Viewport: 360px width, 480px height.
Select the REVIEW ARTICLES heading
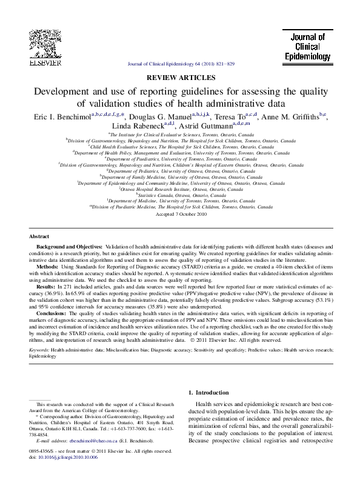tap(181, 78)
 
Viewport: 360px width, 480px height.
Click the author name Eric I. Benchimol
tap(58, 116)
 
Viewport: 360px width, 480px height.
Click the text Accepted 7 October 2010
tap(181, 214)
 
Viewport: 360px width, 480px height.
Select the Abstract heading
tap(41, 236)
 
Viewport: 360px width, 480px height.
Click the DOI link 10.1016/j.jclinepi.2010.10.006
tap(68, 456)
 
